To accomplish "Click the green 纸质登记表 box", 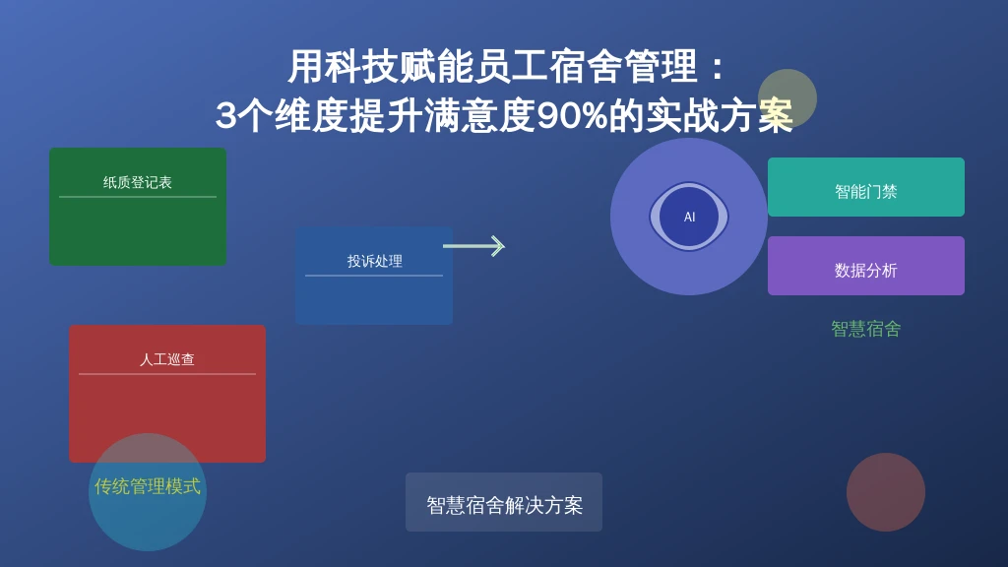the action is tap(138, 207).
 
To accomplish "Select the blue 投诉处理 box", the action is tap(374, 276).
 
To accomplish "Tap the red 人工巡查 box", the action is tap(167, 394).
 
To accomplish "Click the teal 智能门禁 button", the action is tap(866, 187).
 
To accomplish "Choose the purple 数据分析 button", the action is tap(866, 266).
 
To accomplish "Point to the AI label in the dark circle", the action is tap(689, 218).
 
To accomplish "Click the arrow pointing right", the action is tap(473, 245).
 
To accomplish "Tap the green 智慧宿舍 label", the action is tap(866, 329).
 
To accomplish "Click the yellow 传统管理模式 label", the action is tap(148, 486).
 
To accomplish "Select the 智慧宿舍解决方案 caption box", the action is tap(504, 502).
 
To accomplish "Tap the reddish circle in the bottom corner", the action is tap(886, 492).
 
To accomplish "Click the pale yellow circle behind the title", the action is tap(787, 98).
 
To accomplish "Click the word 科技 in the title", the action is tap(343, 67).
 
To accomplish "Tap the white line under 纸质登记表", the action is tap(138, 197).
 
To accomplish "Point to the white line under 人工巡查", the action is tap(167, 373).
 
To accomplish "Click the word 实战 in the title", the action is tap(682, 116).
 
